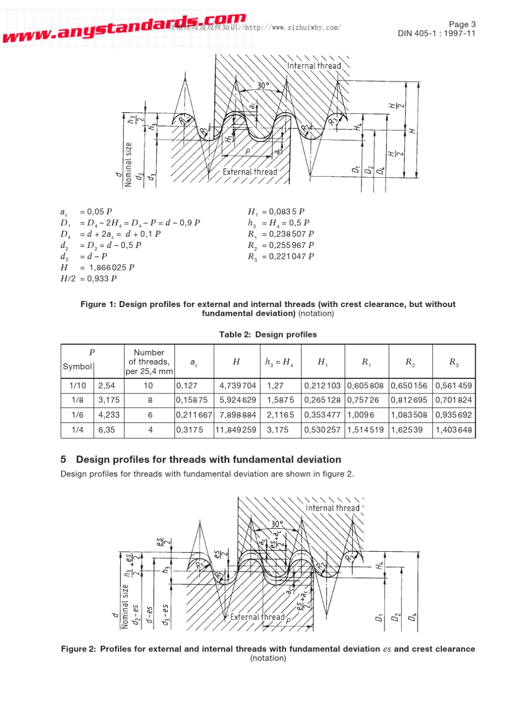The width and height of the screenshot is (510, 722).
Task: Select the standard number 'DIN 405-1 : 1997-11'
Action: tap(436, 33)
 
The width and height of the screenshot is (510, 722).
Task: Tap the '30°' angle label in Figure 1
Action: tap(263, 85)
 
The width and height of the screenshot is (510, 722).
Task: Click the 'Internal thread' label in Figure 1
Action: tap(314, 66)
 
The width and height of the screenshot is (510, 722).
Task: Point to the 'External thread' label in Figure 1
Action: tap(250, 172)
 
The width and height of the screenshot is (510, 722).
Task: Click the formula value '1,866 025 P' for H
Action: tap(112, 267)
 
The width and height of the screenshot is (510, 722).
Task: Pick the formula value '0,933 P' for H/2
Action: tap(102, 279)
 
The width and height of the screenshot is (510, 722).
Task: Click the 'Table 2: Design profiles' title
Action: tap(268, 334)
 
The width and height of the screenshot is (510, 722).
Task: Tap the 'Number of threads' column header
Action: tap(149, 362)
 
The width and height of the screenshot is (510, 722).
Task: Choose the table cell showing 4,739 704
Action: tap(237, 385)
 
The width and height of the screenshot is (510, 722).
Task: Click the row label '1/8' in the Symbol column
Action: tap(77, 400)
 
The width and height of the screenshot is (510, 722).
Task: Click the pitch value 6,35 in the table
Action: tap(106, 429)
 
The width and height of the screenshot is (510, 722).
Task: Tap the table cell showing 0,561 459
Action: tap(454, 385)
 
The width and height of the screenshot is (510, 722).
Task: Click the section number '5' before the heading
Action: tap(63, 460)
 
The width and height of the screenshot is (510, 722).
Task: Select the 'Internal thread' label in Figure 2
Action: tap(332, 508)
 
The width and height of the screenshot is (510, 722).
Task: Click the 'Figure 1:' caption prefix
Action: tap(98, 304)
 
